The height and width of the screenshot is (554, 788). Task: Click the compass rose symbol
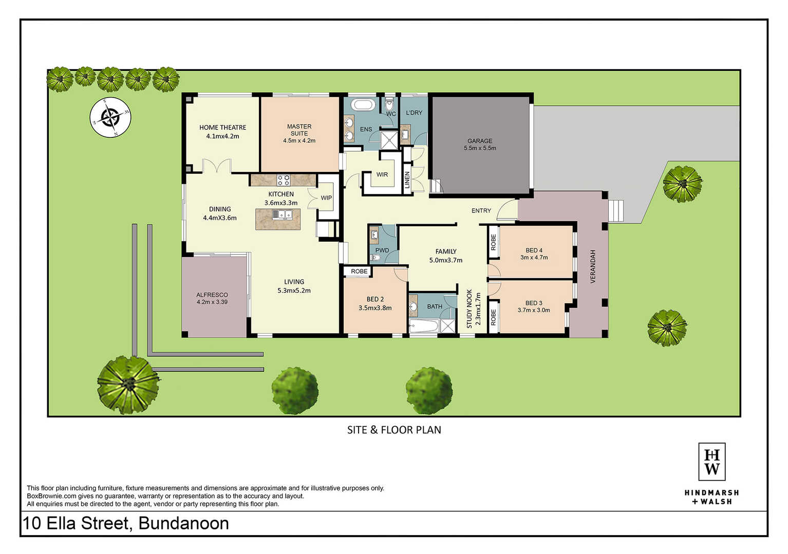tap(110, 117)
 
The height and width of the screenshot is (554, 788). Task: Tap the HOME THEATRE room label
tap(222, 127)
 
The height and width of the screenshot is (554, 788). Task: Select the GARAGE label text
tap(480, 141)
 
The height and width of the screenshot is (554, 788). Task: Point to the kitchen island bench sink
tap(282, 214)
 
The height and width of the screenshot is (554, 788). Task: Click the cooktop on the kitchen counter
tap(283, 180)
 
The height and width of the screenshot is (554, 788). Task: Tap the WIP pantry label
tap(326, 198)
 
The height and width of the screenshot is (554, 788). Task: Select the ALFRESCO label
tap(212, 295)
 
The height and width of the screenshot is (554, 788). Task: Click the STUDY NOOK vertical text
tap(470, 309)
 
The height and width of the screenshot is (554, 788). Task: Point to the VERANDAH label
tap(593, 266)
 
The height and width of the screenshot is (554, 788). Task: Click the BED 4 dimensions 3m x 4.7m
tap(534, 257)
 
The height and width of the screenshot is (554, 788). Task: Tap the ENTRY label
tap(481, 210)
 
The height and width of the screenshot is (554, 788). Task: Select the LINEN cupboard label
tap(407, 180)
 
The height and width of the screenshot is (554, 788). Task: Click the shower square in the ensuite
tap(389, 140)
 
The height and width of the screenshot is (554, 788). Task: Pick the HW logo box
tap(711, 461)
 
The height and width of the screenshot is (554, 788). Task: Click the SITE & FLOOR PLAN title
tap(394, 430)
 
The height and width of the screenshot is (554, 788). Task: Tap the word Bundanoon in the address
tap(183, 523)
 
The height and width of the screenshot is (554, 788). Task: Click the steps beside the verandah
tap(616, 211)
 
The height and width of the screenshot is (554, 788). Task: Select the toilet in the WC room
tap(389, 105)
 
